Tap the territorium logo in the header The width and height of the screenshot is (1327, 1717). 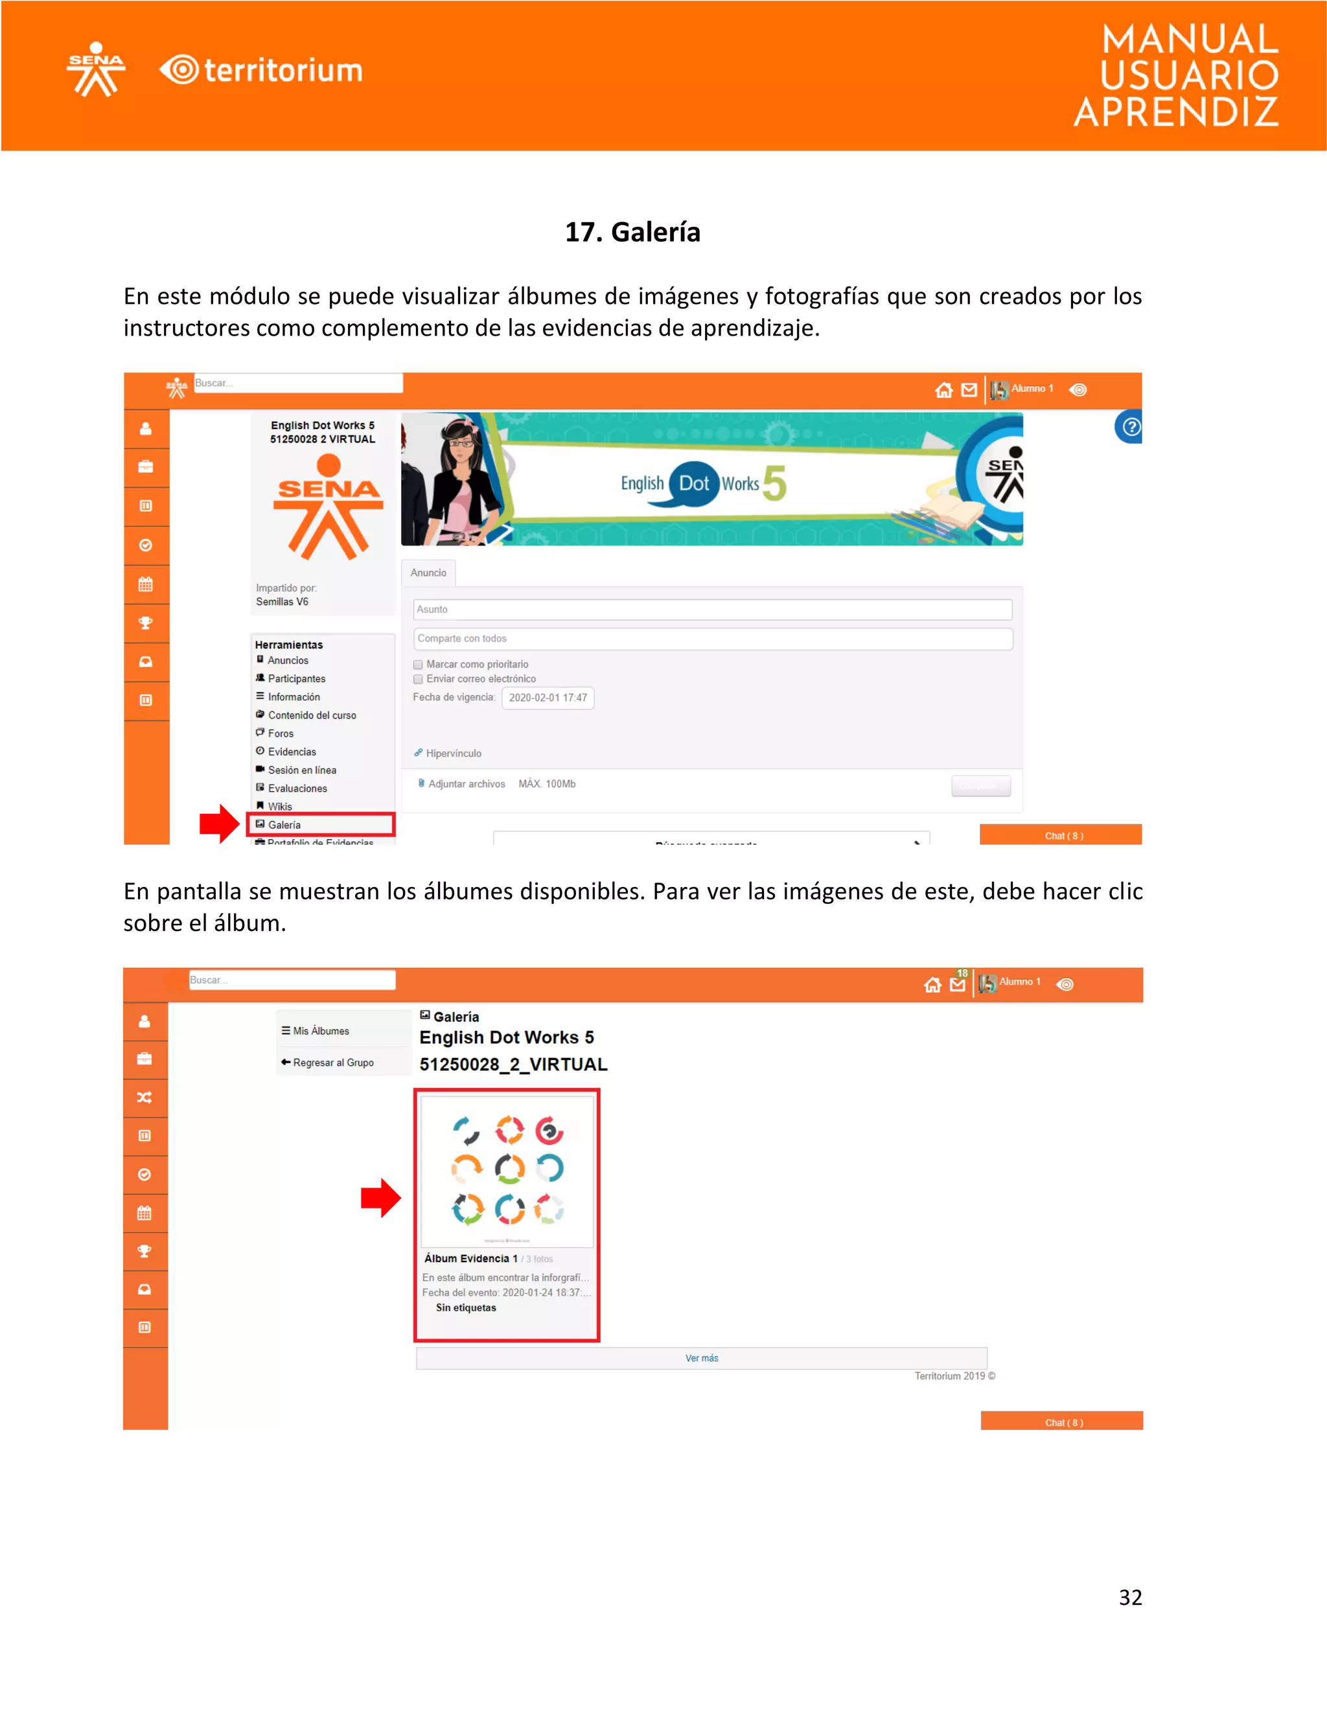[261, 71]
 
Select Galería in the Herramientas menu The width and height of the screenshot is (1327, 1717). [284, 825]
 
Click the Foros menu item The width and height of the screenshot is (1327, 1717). [280, 733]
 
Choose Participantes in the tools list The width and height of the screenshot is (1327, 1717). [295, 678]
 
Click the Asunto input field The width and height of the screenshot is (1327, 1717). [711, 609]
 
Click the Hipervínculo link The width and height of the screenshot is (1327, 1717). [453, 753]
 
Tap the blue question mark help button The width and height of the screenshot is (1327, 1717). [1131, 427]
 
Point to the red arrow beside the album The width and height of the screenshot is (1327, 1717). [380, 1197]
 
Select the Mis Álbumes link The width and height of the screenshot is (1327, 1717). [320, 1031]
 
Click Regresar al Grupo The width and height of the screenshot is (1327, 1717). [332, 1062]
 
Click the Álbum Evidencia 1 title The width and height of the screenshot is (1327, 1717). [470, 1259]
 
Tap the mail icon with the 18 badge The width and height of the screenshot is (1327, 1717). [958, 984]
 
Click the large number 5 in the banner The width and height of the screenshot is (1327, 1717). [774, 483]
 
